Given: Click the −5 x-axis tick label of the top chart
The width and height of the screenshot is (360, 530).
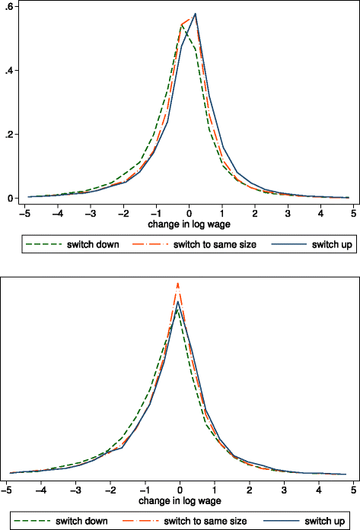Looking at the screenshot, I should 27,214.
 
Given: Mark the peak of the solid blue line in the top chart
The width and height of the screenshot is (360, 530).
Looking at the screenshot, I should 196,14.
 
